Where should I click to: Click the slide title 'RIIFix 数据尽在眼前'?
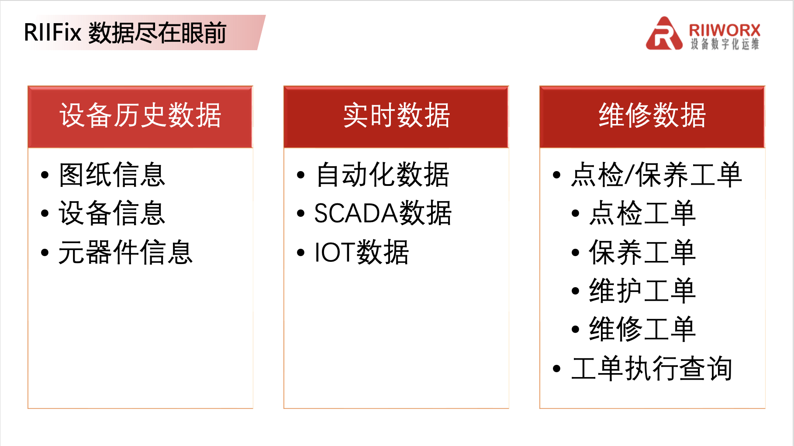[125, 33]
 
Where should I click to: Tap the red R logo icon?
[664, 34]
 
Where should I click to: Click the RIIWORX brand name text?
[725, 30]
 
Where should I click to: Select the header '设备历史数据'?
[140, 115]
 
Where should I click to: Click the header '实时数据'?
[397, 115]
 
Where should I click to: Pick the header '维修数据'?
[652, 115]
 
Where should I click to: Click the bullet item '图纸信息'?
[112, 175]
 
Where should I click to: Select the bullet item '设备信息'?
[112, 213]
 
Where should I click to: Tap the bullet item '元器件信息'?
[126, 252]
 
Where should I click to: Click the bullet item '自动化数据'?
[383, 175]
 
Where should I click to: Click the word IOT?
[335, 252]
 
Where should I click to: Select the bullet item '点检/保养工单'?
[656, 175]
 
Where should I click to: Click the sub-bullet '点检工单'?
[642, 213]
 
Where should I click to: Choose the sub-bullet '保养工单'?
[642, 252]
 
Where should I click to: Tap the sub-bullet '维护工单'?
[642, 291]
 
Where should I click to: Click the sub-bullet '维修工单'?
[642, 329]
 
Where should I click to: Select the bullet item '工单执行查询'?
[652, 368]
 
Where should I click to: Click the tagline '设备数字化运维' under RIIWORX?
[725, 44]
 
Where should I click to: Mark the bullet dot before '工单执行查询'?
[556, 369]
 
